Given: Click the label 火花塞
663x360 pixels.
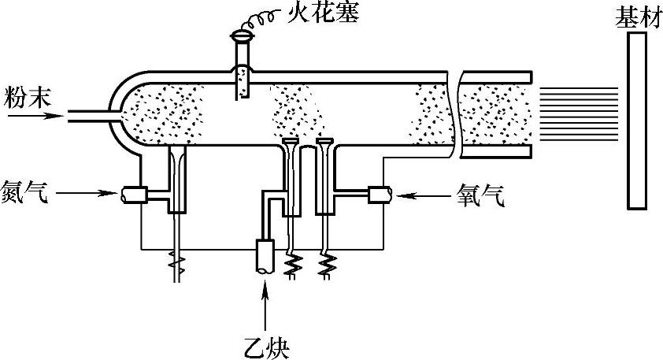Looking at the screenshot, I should coord(311,14).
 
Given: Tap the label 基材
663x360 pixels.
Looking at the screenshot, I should coord(634,17).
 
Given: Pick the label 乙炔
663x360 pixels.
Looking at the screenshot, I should coord(268,344).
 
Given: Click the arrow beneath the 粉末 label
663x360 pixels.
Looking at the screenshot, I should coord(35,115).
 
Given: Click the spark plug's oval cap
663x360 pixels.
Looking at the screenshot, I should coord(242,35).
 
